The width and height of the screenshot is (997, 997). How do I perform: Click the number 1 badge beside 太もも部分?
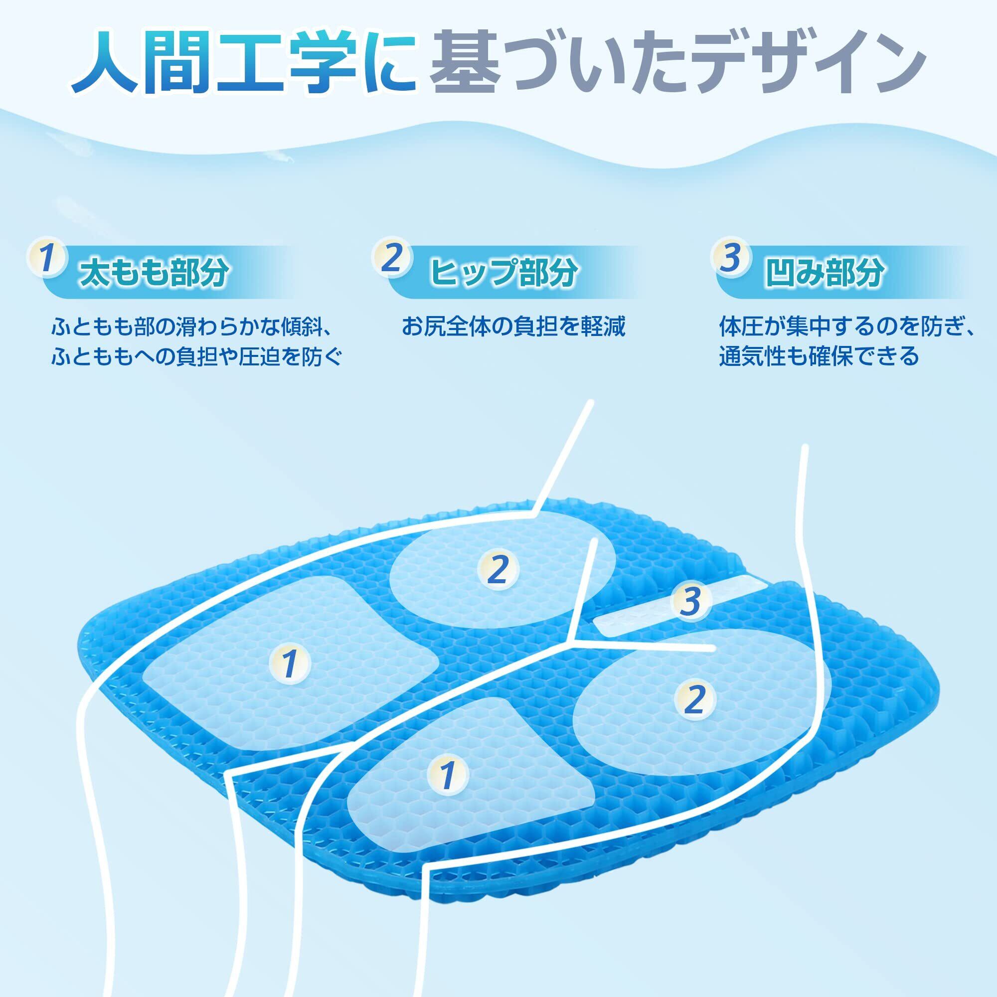coord(47,258)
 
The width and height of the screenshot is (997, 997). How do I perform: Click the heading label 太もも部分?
coord(153,273)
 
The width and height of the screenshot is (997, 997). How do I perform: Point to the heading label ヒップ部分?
coord(503,273)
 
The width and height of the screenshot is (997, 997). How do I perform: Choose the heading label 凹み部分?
coord(825,273)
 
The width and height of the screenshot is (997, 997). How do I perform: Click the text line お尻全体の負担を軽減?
coord(514,327)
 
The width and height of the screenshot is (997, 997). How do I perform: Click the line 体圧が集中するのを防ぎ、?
coord(847,327)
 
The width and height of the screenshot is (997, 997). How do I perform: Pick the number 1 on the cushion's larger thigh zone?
coord(290,664)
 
